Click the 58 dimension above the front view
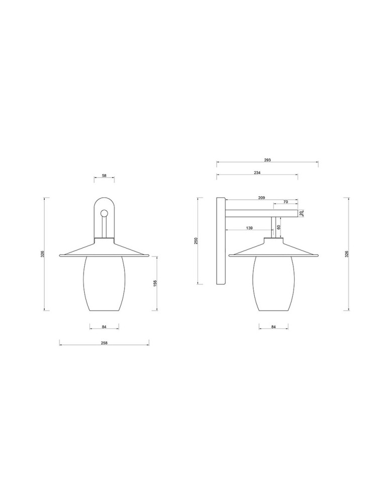pos(104,176)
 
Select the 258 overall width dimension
pos(104,343)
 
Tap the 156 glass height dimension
pos(155,284)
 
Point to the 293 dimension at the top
pos(267,160)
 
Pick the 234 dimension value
pos(257,173)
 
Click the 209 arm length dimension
pos(261,198)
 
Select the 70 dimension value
pos(285,202)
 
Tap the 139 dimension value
pos(249,228)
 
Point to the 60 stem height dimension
pos(278,227)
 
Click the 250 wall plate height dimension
pos(197,241)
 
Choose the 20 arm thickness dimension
pos(302,213)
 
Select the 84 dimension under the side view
pos(273,327)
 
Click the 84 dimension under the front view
pos(104,327)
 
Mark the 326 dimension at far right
pos(347,254)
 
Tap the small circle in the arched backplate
pos(104,213)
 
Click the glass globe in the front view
pos(104,284)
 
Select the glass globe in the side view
pos(273,284)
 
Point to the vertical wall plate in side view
pos(221,241)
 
